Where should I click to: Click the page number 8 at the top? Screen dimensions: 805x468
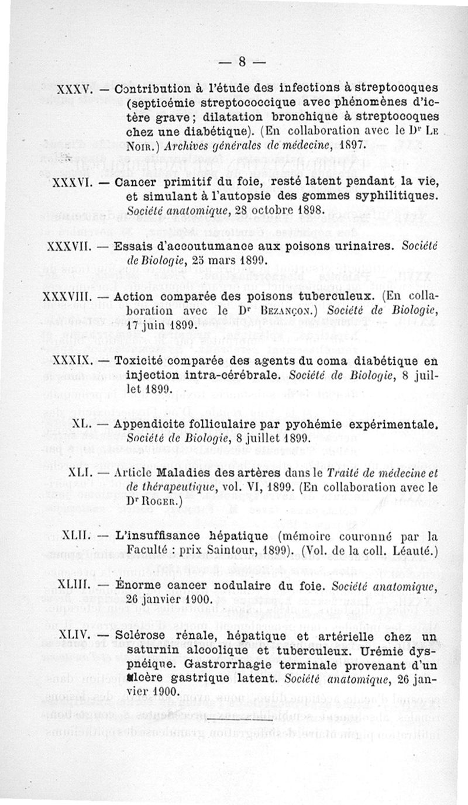click(x=240, y=61)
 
